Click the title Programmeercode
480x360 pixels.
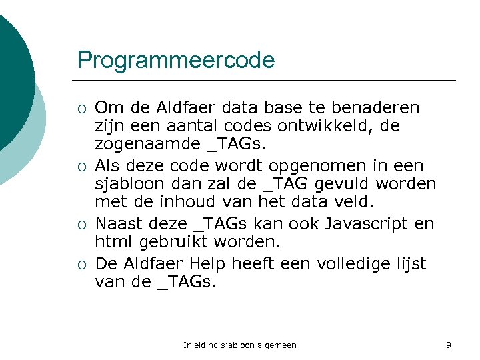click(175, 60)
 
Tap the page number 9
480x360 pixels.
click(449, 345)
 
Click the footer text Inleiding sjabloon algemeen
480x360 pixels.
click(240, 345)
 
